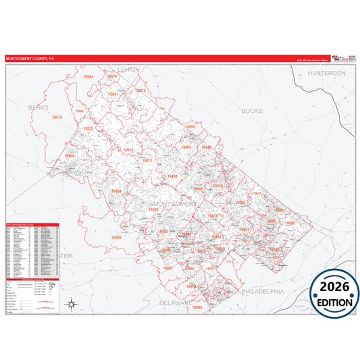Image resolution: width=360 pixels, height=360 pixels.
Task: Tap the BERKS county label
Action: click(x=39, y=107)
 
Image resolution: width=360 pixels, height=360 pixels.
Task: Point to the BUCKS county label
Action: click(x=251, y=110)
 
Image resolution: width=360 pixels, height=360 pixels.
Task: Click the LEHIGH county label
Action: click(x=128, y=70)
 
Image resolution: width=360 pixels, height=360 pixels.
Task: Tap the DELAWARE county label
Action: click(x=175, y=303)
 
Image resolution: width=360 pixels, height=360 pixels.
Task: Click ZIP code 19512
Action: click(x=57, y=118)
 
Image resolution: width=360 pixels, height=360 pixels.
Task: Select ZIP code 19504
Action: click(x=87, y=78)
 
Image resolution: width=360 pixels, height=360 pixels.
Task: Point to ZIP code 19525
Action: click(x=88, y=128)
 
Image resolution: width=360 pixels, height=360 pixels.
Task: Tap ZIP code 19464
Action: click(x=70, y=156)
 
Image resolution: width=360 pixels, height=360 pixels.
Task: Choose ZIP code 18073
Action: click(x=140, y=91)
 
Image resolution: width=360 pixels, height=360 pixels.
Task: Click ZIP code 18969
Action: click(x=190, y=127)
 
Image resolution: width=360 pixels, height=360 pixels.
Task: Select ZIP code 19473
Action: click(x=147, y=161)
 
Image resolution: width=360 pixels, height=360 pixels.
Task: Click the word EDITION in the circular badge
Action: click(x=335, y=303)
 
